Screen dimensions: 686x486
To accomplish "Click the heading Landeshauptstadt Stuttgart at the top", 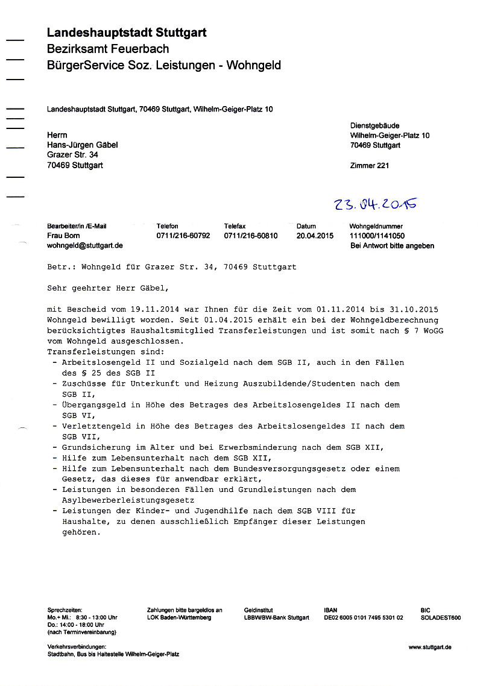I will coord(127,33).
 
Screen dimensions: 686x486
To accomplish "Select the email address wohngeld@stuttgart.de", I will coord(85,245).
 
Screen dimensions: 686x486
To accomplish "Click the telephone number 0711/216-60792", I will coord(183,236).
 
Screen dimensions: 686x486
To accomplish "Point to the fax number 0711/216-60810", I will coord(251,236).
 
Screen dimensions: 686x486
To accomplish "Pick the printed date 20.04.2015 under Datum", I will coord(315,236).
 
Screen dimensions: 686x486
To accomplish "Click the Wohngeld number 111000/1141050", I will coord(377,236).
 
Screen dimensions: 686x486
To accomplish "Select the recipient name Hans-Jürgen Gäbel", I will coord(83,145).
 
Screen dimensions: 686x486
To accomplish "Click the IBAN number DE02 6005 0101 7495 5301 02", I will coord(363,618).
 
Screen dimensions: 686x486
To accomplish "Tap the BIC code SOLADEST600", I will coord(440,618).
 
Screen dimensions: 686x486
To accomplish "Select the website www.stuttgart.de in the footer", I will coord(429,647).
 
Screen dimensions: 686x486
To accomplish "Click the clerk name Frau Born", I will coord(64,236).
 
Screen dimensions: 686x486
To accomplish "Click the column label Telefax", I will coord(235,226).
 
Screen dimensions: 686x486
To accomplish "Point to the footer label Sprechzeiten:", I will coord(65,610).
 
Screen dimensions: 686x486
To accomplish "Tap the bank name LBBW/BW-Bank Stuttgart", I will coord(276,618).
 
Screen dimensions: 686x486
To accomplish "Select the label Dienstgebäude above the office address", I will coord(374,125).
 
